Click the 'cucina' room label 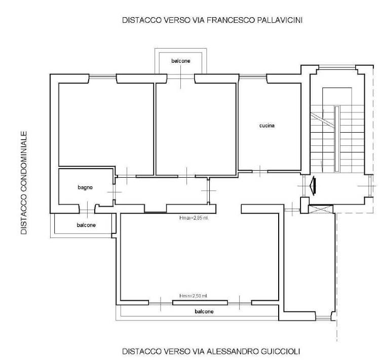coord(267,126)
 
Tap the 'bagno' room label coord(85,187)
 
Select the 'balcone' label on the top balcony coord(181,61)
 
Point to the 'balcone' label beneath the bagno coord(86,225)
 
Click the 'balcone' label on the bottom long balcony coord(204,311)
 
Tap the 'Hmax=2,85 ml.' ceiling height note coord(194,218)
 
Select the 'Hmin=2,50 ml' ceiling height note coord(193,296)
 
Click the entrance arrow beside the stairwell coord(313,186)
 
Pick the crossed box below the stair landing coord(321,209)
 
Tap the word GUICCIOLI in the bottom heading coord(276,351)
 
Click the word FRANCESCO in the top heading coord(230,20)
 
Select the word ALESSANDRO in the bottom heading coord(227,351)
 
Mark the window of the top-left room coord(102,76)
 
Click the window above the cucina coord(253,76)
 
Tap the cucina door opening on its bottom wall coord(260,172)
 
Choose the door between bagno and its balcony coord(87,209)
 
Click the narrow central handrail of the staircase coord(337,139)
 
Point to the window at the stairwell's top coord(337,67)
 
